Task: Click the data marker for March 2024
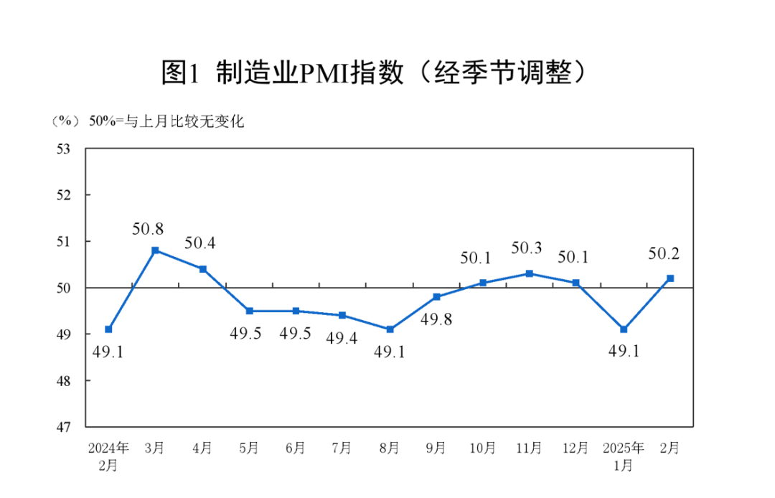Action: click(155, 250)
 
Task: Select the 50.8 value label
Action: click(148, 229)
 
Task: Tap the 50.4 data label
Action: click(200, 243)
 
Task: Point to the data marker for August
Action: click(390, 329)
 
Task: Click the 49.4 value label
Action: click(342, 337)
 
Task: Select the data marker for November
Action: click(529, 273)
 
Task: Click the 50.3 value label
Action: click(527, 248)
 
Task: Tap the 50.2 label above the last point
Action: click(664, 253)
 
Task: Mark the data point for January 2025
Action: click(624, 329)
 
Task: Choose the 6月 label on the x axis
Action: click(296, 448)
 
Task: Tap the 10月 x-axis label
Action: click(483, 448)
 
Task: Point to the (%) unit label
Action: click(64, 121)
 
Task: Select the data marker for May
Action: click(249, 311)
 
